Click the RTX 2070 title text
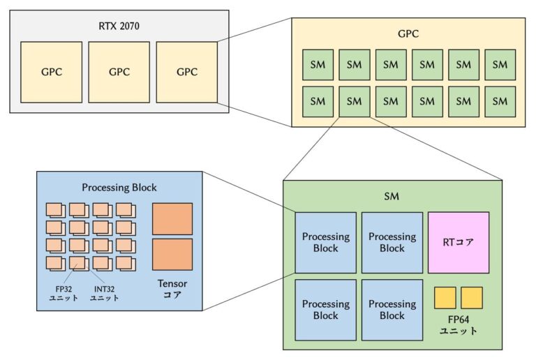[x=119, y=27]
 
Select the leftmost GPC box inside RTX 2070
[x=51, y=72]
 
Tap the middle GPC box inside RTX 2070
[x=119, y=72]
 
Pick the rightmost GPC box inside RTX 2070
[x=186, y=72]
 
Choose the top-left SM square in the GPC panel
[x=318, y=65]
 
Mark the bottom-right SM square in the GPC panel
[x=500, y=101]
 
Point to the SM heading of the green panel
[x=392, y=196]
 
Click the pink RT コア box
[x=459, y=242]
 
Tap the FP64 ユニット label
[x=459, y=325]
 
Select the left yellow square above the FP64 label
[x=445, y=298]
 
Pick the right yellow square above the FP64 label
[x=472, y=298]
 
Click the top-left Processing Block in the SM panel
[x=325, y=242]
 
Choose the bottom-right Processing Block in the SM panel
[x=392, y=310]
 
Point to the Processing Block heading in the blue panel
[x=119, y=187]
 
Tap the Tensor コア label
[x=172, y=290]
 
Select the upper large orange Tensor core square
[x=172, y=218]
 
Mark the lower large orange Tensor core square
[x=172, y=255]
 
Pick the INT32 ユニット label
[x=105, y=293]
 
